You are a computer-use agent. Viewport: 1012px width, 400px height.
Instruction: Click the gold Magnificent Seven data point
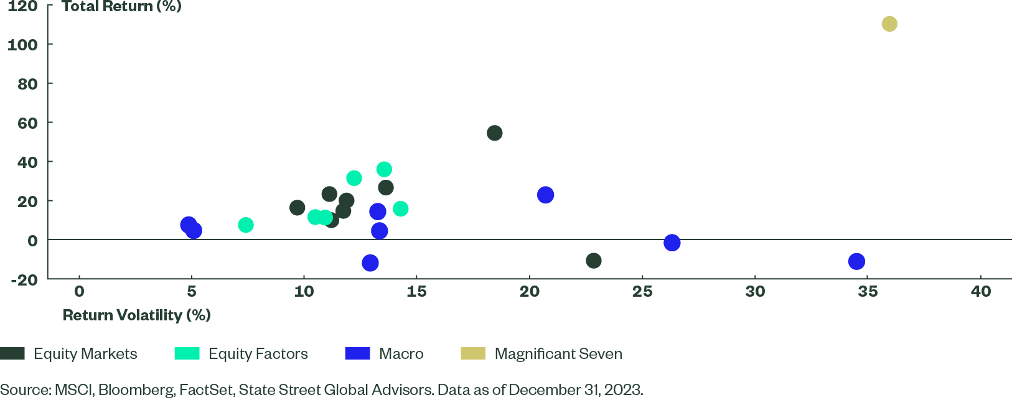(889, 24)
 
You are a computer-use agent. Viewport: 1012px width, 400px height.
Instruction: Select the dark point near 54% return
(495, 133)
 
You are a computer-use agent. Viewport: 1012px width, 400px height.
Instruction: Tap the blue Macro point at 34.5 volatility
(856, 261)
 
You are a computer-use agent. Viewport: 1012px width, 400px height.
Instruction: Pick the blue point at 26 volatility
(672, 243)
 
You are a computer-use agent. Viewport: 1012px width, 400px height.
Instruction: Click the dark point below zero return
(594, 261)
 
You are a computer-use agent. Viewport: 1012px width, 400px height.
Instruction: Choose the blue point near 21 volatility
(545, 195)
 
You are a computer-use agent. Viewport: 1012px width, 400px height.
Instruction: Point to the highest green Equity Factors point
(384, 169)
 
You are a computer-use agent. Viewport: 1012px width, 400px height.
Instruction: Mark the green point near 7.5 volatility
(246, 225)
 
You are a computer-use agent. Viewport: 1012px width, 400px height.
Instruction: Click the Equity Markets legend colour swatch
(12, 353)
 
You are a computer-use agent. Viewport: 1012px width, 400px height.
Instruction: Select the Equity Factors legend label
(258, 354)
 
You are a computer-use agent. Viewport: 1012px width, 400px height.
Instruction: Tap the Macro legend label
(401, 354)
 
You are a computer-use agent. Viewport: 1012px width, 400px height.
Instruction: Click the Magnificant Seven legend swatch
(472, 353)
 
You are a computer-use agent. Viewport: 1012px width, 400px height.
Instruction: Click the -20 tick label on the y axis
(24, 279)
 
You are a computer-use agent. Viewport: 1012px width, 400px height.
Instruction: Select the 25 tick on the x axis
(642, 291)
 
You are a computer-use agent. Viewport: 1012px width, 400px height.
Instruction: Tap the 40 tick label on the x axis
(981, 291)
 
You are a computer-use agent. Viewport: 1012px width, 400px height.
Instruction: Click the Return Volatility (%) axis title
(137, 315)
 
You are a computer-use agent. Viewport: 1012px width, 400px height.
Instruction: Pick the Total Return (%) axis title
(121, 7)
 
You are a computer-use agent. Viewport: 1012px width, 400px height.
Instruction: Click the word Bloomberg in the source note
(136, 390)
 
